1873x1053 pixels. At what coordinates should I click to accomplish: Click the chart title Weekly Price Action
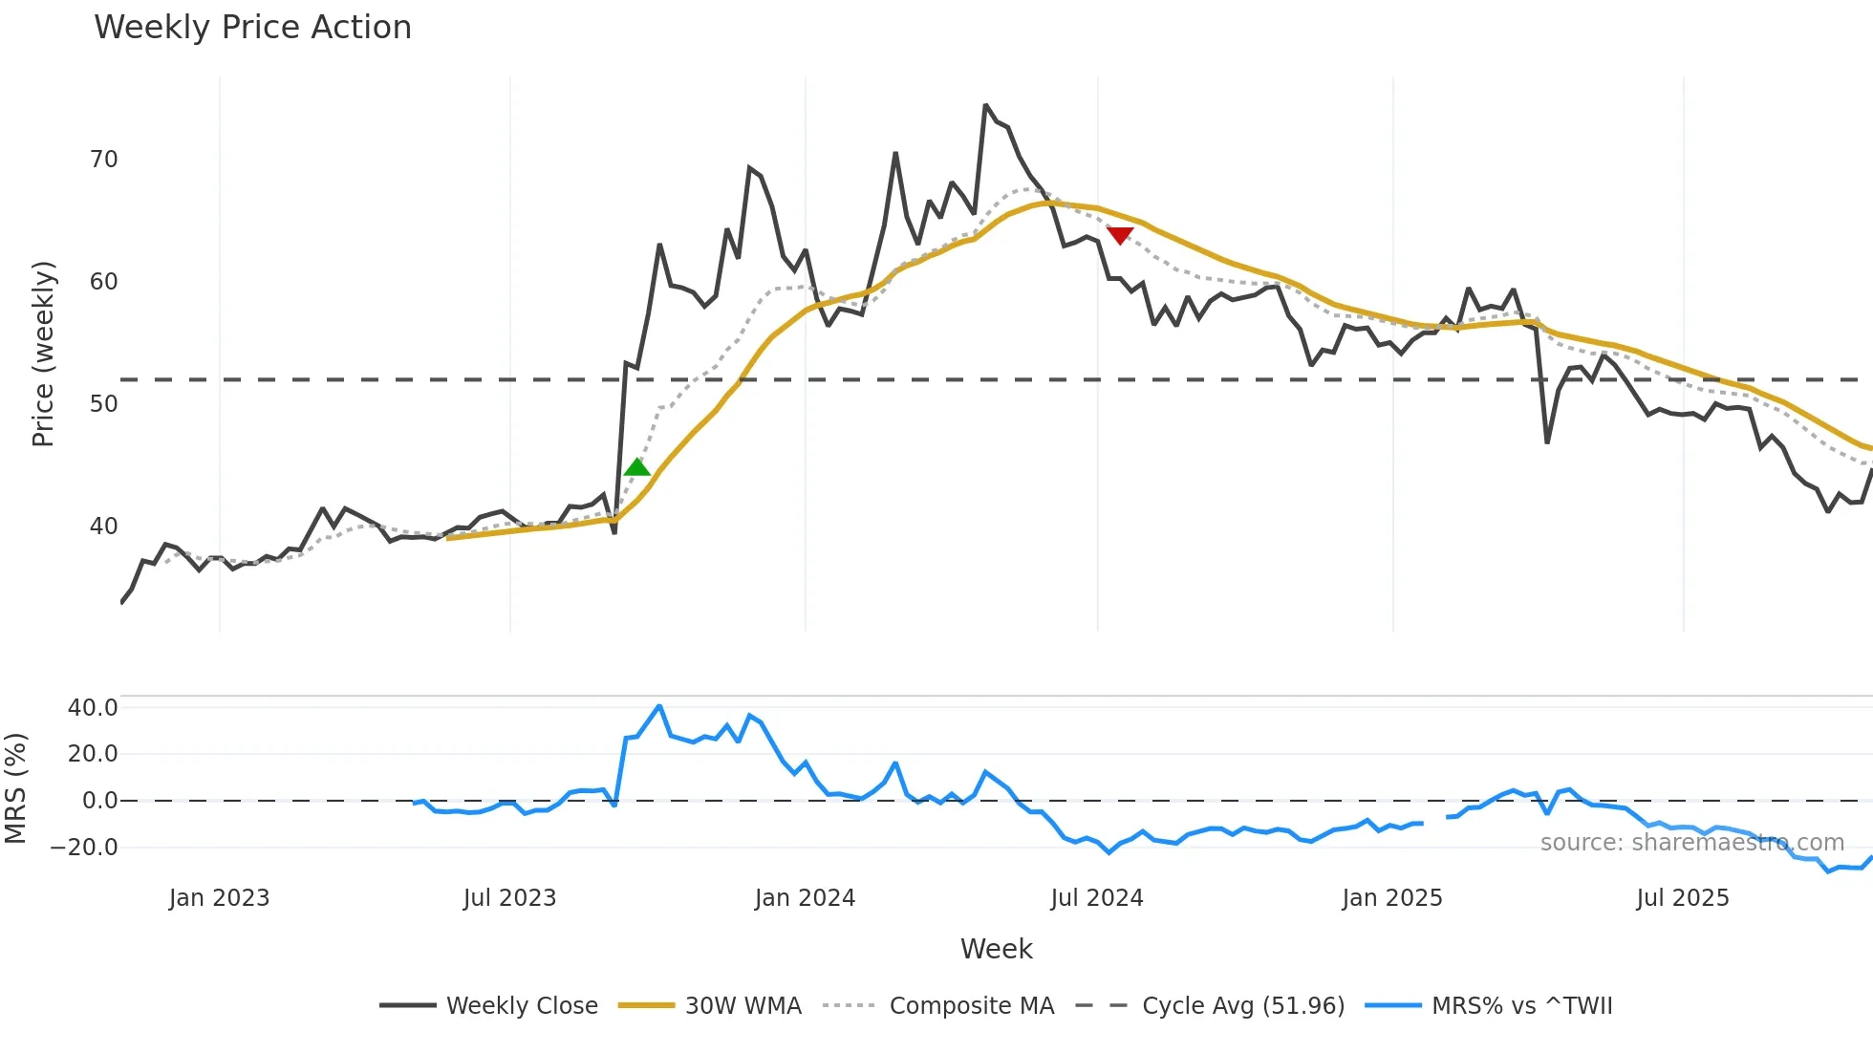[x=252, y=28]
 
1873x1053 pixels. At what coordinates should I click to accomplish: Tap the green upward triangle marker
[x=636, y=467]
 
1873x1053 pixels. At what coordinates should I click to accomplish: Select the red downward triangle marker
[x=1119, y=235]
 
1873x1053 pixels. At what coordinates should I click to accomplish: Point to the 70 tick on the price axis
[x=103, y=160]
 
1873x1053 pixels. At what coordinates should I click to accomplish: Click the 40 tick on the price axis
[x=103, y=526]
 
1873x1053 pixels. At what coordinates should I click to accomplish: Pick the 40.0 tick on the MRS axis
[x=93, y=708]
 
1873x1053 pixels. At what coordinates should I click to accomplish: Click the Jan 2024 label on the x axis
[x=805, y=898]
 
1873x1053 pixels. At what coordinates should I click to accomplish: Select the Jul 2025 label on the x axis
[x=1682, y=898]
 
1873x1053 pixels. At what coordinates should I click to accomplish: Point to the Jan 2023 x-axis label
[x=219, y=898]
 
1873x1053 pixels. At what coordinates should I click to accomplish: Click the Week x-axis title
[x=996, y=949]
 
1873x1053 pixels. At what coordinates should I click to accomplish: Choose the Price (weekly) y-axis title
[x=43, y=354]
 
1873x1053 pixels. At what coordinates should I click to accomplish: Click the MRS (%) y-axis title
[x=15, y=788]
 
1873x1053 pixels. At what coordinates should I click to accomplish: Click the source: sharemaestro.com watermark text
[x=1691, y=843]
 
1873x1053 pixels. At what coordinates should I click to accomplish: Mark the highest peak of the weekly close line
[x=985, y=105]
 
